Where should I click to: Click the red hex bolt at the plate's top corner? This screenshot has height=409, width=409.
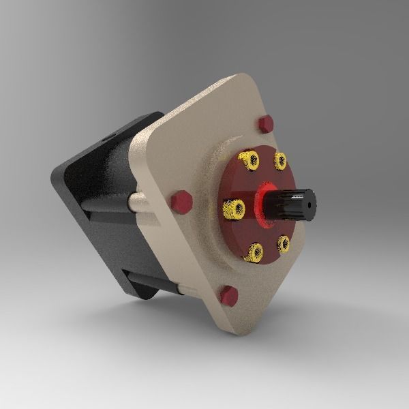pyautogui.click(x=266, y=124)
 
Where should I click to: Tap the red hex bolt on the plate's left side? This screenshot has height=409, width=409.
pyautogui.click(x=181, y=202)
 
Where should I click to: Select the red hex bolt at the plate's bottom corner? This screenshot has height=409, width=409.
pyautogui.click(x=228, y=296)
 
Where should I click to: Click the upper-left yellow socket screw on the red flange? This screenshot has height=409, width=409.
pyautogui.click(x=250, y=161)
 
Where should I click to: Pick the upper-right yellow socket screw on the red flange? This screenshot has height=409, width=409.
pyautogui.click(x=280, y=161)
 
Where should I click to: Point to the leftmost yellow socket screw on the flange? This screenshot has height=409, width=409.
pyautogui.click(x=234, y=208)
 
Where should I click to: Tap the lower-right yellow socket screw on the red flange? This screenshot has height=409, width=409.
pyautogui.click(x=284, y=243)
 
